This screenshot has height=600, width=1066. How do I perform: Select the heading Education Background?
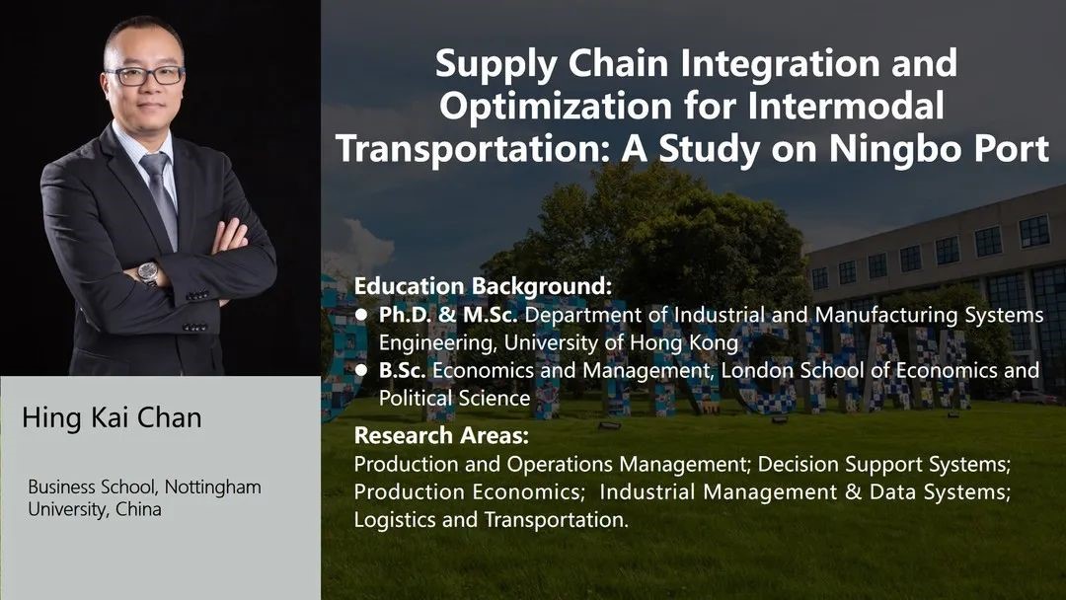(484, 286)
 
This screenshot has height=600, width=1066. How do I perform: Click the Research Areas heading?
(441, 435)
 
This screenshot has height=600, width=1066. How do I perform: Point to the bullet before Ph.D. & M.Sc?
(361, 315)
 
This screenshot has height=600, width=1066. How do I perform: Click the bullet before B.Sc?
(361, 370)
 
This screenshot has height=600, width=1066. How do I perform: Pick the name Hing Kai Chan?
(112, 417)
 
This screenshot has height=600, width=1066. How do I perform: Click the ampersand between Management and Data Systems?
(853, 491)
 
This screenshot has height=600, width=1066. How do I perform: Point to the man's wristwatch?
(148, 272)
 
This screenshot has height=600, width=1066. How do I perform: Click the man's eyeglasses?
(145, 75)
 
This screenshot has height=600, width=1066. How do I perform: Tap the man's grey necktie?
(161, 195)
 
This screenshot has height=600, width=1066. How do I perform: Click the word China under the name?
(139, 509)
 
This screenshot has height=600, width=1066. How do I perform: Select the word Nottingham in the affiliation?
(213, 487)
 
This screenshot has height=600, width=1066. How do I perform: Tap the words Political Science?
(454, 398)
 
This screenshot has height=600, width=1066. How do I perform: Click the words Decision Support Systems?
(884, 465)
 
